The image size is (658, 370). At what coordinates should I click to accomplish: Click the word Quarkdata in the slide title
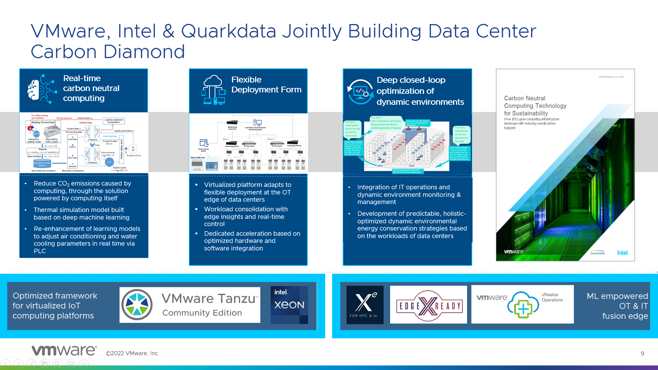(x=228, y=31)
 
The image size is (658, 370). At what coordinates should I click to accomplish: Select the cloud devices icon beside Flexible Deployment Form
(x=213, y=90)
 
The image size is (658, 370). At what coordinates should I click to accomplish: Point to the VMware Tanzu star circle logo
(x=137, y=305)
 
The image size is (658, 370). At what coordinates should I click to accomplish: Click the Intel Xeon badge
(x=289, y=305)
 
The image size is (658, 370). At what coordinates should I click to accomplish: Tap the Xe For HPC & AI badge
(x=365, y=305)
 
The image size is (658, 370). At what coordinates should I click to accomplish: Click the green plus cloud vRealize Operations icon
(x=523, y=305)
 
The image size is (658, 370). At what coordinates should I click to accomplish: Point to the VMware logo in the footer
(x=64, y=351)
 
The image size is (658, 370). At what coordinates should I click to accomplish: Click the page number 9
(x=642, y=354)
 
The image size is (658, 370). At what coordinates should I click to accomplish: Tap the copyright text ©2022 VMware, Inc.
(x=133, y=354)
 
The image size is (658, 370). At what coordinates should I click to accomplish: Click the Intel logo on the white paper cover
(x=622, y=253)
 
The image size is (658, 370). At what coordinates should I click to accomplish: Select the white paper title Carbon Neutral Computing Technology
(x=535, y=106)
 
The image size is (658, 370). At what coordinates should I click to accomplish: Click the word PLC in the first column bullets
(x=40, y=251)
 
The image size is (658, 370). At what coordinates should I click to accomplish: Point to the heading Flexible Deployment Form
(x=266, y=85)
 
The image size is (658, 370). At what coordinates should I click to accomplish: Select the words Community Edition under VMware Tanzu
(x=202, y=313)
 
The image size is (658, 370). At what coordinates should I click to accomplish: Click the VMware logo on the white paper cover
(x=514, y=252)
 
